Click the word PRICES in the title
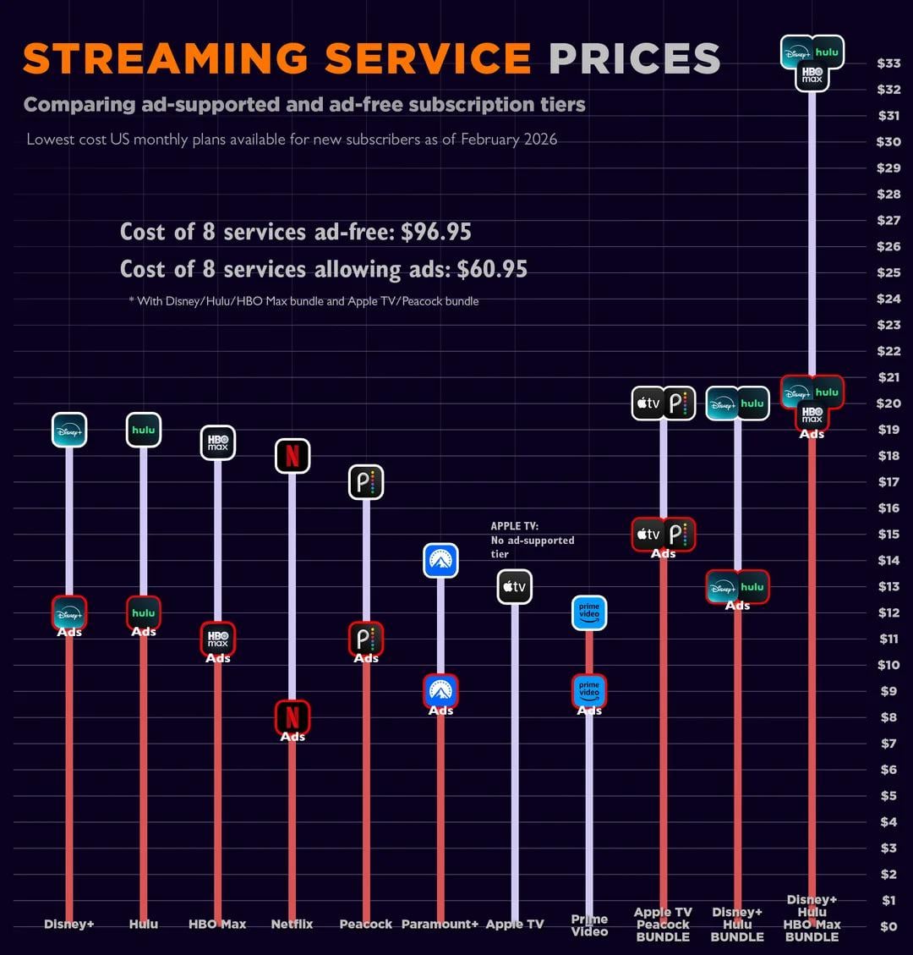click(x=634, y=58)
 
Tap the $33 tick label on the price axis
click(x=888, y=63)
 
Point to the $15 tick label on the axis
click(x=888, y=534)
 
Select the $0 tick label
click(x=888, y=926)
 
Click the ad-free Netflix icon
click(x=292, y=456)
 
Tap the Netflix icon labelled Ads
click(x=292, y=718)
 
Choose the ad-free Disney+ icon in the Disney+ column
click(x=69, y=430)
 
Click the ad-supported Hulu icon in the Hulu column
click(x=144, y=612)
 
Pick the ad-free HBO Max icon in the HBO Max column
click(x=217, y=442)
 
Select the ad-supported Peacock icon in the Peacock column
click(x=366, y=639)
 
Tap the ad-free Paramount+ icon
click(x=440, y=560)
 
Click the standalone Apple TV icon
click(x=515, y=586)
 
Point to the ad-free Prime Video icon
click(x=589, y=612)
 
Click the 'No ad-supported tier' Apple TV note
click(x=533, y=540)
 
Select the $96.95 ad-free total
click(x=436, y=232)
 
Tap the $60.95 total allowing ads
click(x=492, y=269)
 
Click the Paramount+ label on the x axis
click(x=440, y=924)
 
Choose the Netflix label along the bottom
click(x=292, y=924)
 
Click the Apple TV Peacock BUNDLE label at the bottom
click(x=663, y=924)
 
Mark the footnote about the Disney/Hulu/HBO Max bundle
click(x=303, y=301)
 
